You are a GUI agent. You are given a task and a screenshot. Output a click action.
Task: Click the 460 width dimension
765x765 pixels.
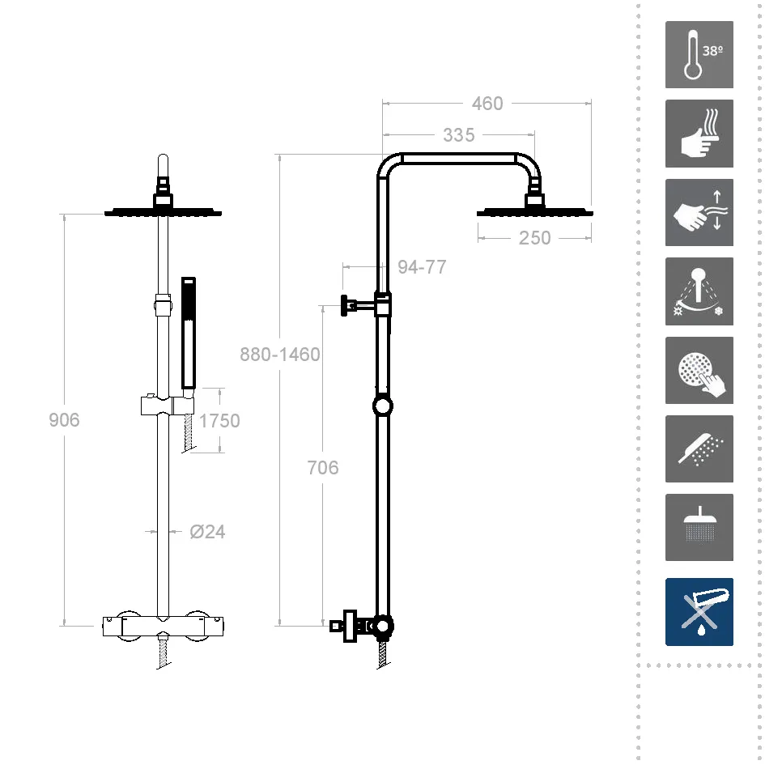(487, 104)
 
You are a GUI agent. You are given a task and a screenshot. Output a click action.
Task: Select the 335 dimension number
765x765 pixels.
(459, 135)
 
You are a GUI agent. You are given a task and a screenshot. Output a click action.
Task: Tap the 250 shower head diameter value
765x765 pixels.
(535, 238)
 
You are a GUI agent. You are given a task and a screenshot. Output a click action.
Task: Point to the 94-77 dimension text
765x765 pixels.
(422, 267)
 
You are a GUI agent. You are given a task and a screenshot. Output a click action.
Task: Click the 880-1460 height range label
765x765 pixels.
(279, 355)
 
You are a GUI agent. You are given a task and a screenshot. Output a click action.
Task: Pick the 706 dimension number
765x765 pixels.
(323, 467)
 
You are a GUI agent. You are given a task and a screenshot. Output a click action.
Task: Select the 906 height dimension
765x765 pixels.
(64, 419)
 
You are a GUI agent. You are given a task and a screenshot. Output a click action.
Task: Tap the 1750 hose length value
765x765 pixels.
(219, 421)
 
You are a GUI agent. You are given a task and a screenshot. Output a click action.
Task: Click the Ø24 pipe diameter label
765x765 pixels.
(207, 531)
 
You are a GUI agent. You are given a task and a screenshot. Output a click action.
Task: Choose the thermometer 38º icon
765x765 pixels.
(699, 55)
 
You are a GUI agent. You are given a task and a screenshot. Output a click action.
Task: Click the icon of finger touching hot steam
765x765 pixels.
(699, 134)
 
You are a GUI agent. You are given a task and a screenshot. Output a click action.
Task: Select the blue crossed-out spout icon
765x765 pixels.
(699, 612)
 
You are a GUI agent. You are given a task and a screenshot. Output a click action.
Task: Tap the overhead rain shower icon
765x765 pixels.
(699, 527)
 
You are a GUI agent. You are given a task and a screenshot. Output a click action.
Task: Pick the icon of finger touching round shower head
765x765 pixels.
(699, 370)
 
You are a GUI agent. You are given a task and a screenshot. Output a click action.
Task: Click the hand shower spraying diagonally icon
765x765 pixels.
(699, 448)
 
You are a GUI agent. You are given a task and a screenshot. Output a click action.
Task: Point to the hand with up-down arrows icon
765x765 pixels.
(699, 212)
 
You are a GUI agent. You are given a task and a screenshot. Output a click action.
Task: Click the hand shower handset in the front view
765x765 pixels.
(189, 334)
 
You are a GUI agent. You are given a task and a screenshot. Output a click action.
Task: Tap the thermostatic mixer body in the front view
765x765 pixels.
(163, 627)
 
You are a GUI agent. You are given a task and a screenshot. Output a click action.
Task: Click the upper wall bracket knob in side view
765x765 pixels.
(345, 306)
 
